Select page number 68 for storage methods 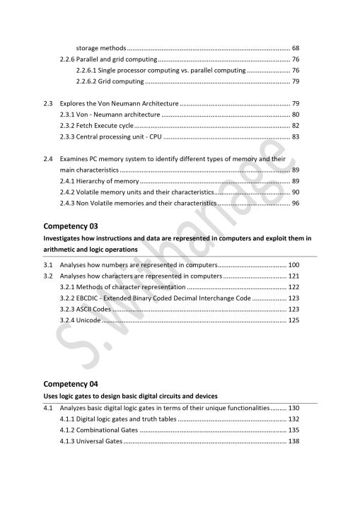(x=295, y=47)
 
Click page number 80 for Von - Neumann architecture (x=295, y=115)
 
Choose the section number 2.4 (x=48, y=159)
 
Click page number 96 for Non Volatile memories (x=295, y=204)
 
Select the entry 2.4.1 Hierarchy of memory (x=99, y=182)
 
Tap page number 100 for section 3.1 (x=294, y=264)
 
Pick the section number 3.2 (x=48, y=276)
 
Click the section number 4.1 (x=48, y=408)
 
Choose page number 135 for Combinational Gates (x=294, y=431)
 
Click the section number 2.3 (x=48, y=103)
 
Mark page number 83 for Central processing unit (x=295, y=137)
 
